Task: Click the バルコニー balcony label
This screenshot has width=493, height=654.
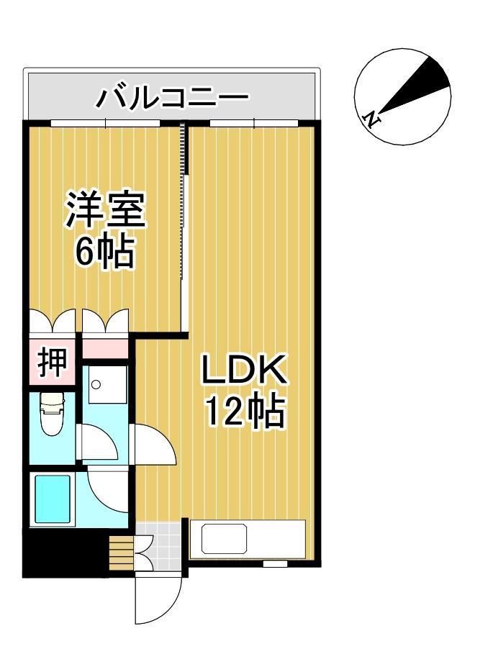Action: [x=173, y=96]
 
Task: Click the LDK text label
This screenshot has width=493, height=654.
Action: [x=244, y=371]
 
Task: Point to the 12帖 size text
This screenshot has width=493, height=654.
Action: [x=245, y=412]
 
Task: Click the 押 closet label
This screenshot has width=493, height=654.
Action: [x=52, y=363]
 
